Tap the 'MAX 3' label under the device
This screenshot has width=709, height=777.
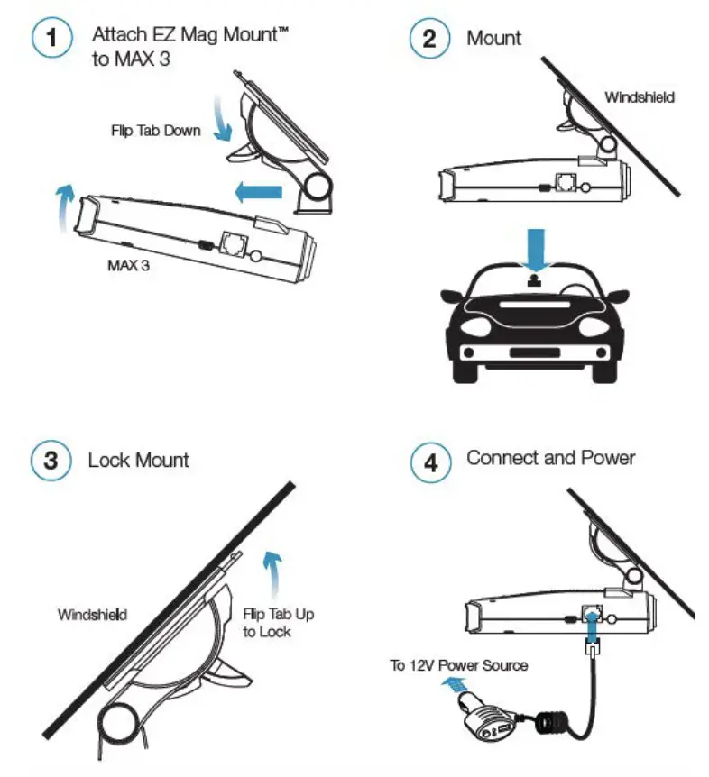(127, 267)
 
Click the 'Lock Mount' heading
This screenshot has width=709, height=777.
(138, 461)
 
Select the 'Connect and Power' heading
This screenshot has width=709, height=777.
(550, 458)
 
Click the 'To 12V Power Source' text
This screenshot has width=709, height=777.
(458, 665)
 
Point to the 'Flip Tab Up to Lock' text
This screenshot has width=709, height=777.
(278, 623)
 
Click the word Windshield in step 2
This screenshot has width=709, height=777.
(639, 96)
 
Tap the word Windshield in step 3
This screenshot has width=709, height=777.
(92, 615)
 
